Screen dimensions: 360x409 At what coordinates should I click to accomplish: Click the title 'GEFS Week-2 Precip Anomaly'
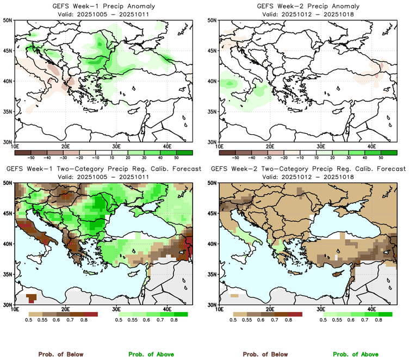[x=307, y=6]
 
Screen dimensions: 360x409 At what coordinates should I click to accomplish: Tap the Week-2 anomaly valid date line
[x=307, y=14]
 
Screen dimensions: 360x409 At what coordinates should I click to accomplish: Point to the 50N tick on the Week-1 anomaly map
[x=8, y=20]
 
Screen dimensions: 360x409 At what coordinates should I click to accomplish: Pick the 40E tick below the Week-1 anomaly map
[x=167, y=146]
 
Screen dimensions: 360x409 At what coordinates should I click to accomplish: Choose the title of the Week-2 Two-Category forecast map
[x=307, y=169]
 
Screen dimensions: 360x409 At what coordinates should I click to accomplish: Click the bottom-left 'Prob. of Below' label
[x=61, y=354]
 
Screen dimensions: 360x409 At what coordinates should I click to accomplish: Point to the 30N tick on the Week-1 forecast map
[x=8, y=305]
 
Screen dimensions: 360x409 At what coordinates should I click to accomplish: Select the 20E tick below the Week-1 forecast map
[x=65, y=309]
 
